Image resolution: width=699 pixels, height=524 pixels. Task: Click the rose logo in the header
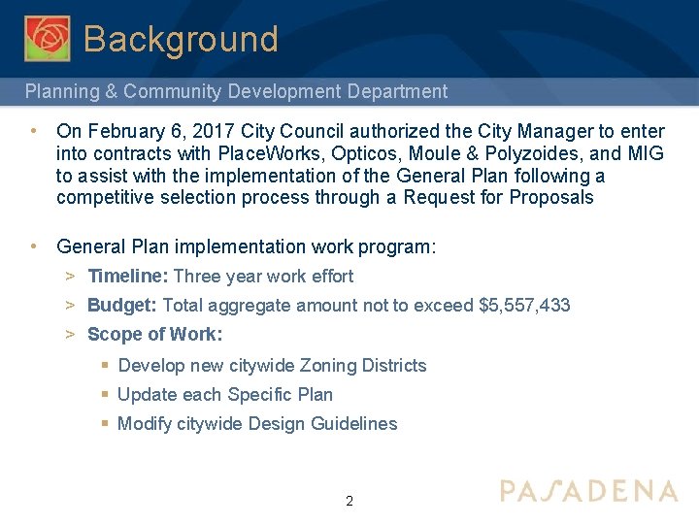[x=47, y=39]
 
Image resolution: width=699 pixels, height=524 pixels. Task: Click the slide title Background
[x=181, y=40]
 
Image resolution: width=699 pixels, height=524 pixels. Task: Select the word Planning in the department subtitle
[x=59, y=92]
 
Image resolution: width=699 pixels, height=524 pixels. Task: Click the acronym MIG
[x=645, y=153]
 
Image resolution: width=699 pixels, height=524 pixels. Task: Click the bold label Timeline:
[x=127, y=277]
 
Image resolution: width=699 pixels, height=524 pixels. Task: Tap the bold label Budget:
[x=122, y=306]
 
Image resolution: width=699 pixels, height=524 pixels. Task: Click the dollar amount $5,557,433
[x=525, y=306]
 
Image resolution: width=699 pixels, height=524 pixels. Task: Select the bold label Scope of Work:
[x=155, y=335]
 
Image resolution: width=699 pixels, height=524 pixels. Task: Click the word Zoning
[x=328, y=366]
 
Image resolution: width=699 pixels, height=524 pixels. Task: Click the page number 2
[x=349, y=502]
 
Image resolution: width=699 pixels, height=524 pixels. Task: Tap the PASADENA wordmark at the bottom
[x=588, y=491]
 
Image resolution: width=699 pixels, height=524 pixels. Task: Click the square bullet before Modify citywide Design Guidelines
[x=105, y=424]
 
